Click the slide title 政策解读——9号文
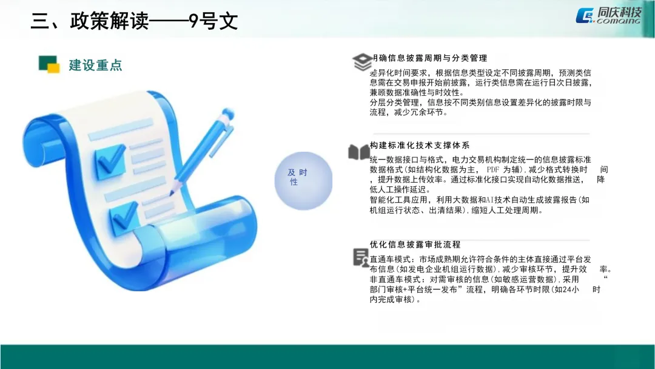click(134, 21)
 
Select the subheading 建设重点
click(95, 65)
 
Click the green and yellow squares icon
click(49, 64)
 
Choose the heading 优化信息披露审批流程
click(415, 245)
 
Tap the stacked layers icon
click(362, 61)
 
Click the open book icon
click(358, 152)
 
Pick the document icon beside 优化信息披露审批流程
click(360, 257)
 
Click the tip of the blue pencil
click(171, 194)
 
